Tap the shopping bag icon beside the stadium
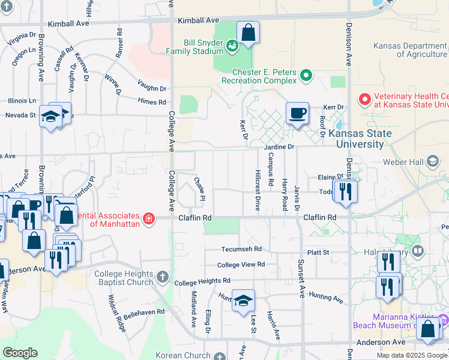coord(247,34)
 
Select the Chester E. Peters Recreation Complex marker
coord(306,76)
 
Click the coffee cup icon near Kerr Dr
coord(297,113)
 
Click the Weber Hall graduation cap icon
coord(433,160)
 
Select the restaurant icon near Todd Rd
coord(345,191)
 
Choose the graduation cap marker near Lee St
coord(243,301)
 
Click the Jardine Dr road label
coord(279,146)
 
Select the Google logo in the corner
coord(20,353)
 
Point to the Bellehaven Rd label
coord(144,313)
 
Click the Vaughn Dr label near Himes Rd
coord(151,88)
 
